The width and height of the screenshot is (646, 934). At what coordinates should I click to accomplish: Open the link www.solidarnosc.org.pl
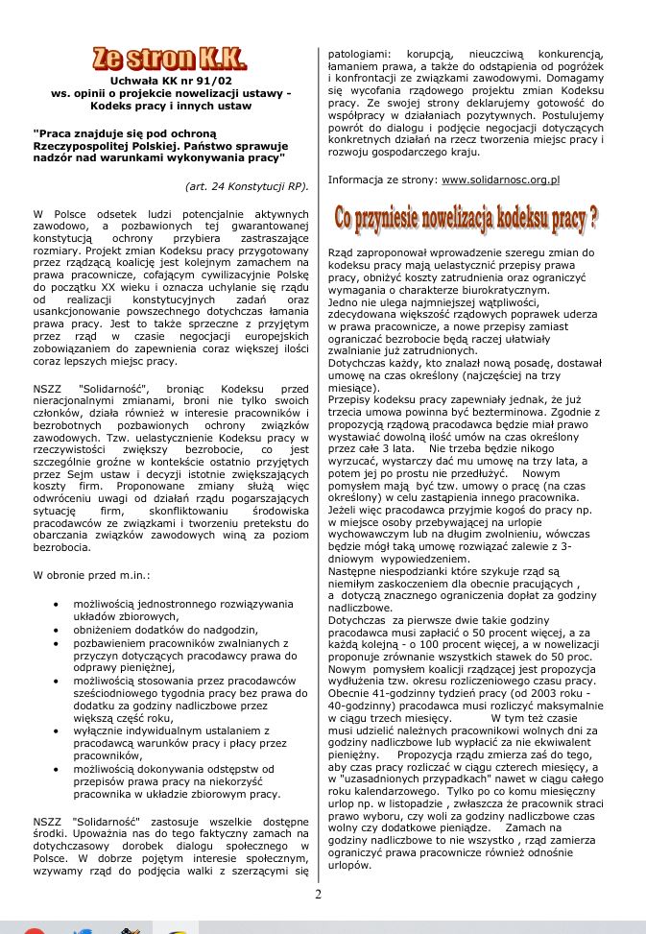point(500,180)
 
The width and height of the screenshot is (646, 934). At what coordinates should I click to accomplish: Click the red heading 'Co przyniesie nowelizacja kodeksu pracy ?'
point(466,219)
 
